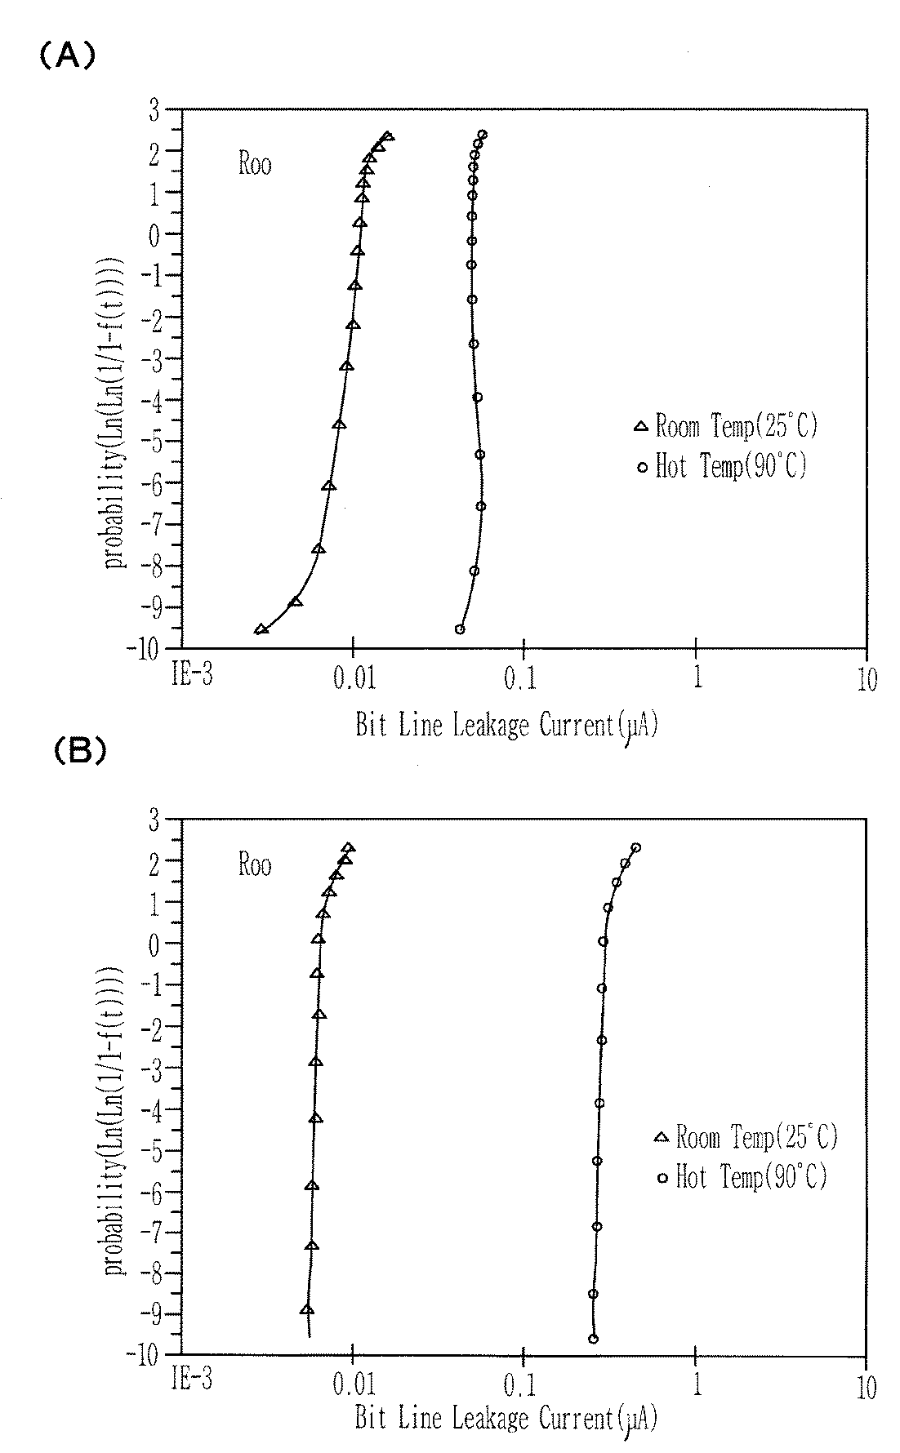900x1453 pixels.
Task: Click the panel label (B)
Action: pos(80,751)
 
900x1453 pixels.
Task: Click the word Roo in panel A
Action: pos(255,164)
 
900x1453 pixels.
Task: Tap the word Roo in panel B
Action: pos(255,864)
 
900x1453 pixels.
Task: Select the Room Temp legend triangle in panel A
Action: pos(641,425)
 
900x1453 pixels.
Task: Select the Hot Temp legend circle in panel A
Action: pos(642,468)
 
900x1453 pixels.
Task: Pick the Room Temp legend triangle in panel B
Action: pos(662,1137)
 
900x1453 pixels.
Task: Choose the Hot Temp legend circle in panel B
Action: pos(663,1178)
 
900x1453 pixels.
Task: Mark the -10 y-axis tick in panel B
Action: pos(147,1353)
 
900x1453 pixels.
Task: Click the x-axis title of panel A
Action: pos(506,724)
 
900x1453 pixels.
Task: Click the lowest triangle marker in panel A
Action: pos(261,629)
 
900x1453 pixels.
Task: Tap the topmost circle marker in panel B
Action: pos(635,847)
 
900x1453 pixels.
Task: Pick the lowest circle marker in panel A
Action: pos(460,629)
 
